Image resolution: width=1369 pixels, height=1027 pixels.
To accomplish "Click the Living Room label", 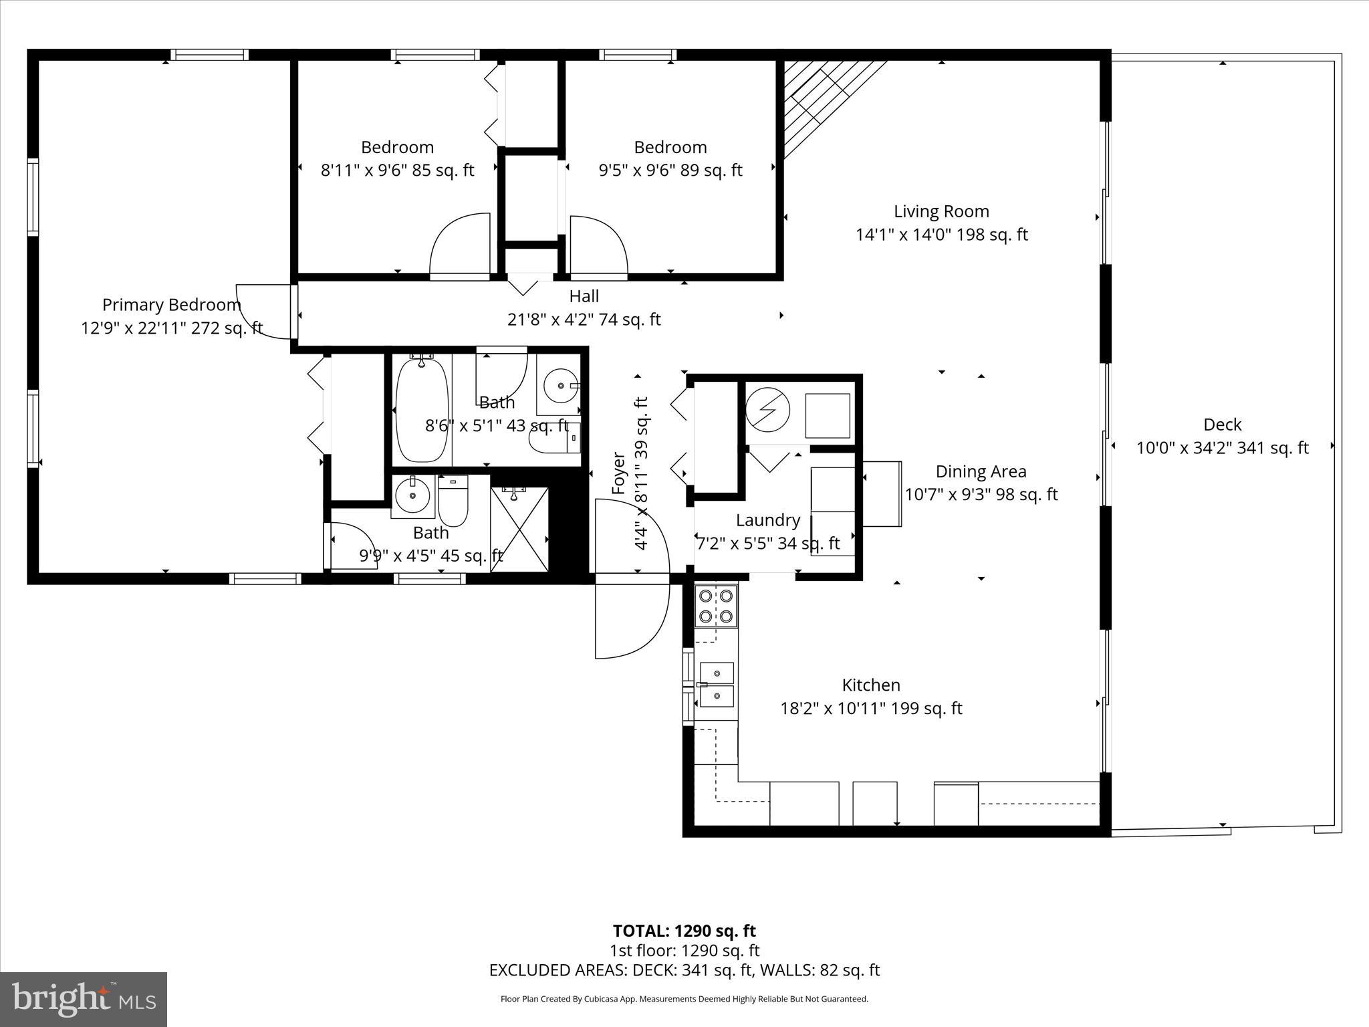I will pyautogui.click(x=941, y=212).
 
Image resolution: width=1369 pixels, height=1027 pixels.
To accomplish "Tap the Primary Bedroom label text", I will pyautogui.click(x=171, y=306).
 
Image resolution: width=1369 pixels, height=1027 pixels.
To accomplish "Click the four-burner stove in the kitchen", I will pyautogui.click(x=716, y=606).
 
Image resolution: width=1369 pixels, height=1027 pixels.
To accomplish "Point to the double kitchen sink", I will pyautogui.click(x=716, y=685).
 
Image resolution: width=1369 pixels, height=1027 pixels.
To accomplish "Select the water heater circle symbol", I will pyautogui.click(x=768, y=409).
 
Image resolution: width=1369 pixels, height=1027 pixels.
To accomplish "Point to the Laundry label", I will pyautogui.click(x=768, y=520).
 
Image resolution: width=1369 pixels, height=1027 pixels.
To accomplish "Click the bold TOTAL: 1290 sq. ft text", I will pyautogui.click(x=684, y=931).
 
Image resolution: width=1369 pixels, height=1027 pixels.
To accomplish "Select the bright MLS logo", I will pyautogui.click(x=84, y=999).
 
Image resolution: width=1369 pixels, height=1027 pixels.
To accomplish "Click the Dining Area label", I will pyautogui.click(x=981, y=472).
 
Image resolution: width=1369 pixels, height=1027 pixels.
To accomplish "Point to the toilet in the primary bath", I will pyautogui.click(x=453, y=501).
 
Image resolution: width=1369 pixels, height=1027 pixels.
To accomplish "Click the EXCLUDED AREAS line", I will pyautogui.click(x=684, y=970).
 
